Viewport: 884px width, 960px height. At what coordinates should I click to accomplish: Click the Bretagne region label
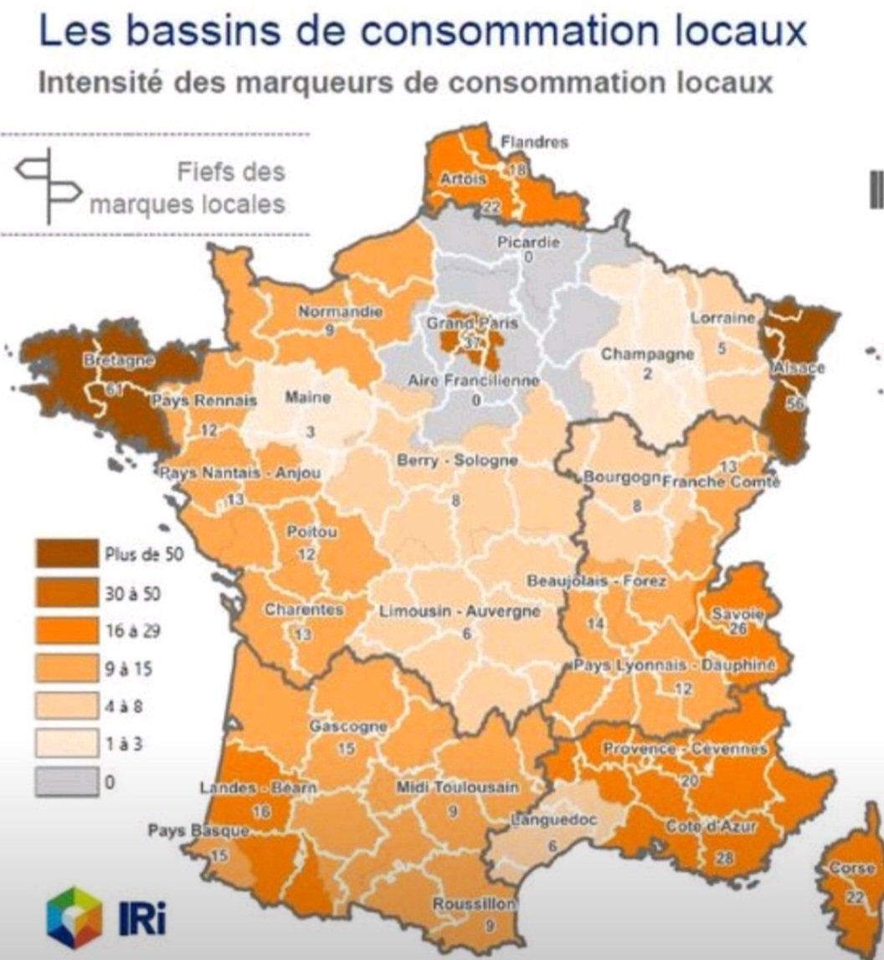(119, 360)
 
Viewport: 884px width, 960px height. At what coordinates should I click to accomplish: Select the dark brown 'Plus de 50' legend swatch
(64, 554)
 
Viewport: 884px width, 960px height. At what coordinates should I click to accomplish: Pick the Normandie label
(341, 312)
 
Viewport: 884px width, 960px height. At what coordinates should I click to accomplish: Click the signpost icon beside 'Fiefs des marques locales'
(49, 184)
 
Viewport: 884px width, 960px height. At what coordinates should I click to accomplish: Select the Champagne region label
(647, 354)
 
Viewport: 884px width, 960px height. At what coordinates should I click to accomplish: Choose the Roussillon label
(474, 905)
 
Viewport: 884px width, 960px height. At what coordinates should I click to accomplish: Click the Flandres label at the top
(534, 142)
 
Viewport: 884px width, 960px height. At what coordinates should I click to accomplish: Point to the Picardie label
(528, 242)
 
